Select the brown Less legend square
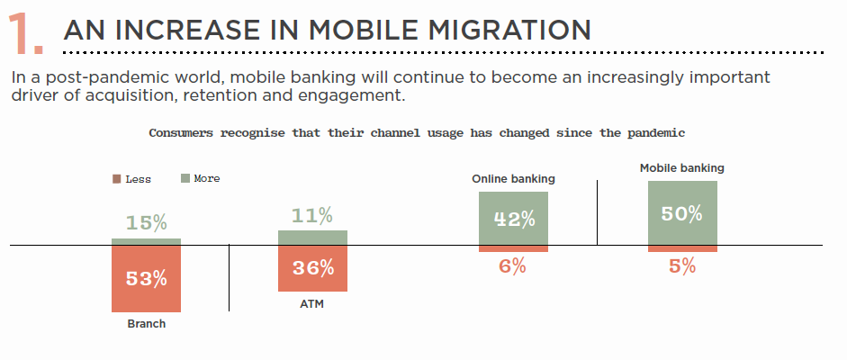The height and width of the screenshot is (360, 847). coord(117,179)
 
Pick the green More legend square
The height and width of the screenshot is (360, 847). coord(185,178)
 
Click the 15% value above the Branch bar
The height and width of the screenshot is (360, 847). coord(147,223)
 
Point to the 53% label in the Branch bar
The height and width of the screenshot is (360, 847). coord(147,278)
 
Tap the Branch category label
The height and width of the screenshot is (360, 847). coord(147,324)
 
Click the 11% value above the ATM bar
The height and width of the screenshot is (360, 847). coord(311,216)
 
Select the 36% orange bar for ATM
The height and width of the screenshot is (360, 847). coord(312,268)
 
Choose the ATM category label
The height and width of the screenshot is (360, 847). coord(312,304)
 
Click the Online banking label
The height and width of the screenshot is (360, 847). coord(514,179)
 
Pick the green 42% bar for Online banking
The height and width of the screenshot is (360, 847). coord(514,219)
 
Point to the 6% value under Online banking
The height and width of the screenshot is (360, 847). coord(513,266)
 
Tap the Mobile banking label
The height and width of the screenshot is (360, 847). coord(682,168)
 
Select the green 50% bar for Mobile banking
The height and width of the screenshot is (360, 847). coord(683,213)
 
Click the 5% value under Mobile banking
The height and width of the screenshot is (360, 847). coord(682,266)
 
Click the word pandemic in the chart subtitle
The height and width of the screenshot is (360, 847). coord(656,133)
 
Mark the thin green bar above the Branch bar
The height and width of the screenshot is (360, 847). coord(147,242)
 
